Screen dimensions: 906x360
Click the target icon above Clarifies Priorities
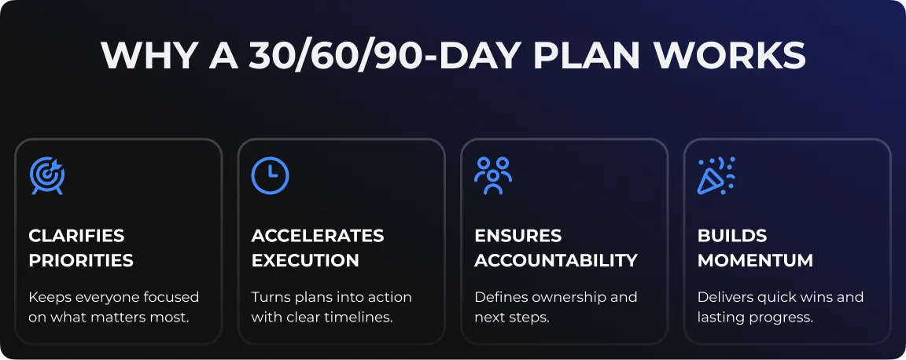(47, 175)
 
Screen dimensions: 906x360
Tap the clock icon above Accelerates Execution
(270, 175)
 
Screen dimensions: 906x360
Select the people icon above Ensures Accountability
(493, 175)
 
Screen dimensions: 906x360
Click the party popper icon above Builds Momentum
(716, 175)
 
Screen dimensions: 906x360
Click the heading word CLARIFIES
(76, 236)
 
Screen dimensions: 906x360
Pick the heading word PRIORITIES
(81, 261)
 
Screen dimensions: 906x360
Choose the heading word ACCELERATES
(318, 236)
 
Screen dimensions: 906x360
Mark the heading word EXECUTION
(305, 261)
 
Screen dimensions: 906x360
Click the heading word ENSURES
(517, 236)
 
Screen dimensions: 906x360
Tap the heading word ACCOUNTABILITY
(556, 261)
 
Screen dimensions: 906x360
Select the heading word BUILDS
(732, 236)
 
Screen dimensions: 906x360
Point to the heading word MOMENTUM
(755, 261)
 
